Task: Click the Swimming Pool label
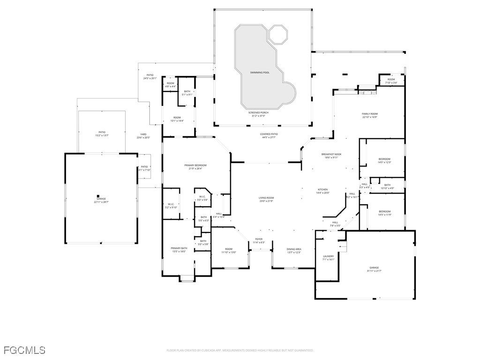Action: pyautogui.click(x=259, y=73)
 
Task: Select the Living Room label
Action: pyautogui.click(x=266, y=199)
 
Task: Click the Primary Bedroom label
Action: pyautogui.click(x=195, y=166)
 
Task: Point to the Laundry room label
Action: pyautogui.click(x=328, y=257)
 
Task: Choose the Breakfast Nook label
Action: pyautogui.click(x=331, y=156)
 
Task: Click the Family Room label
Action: pyautogui.click(x=369, y=115)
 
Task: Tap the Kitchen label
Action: pyautogui.click(x=323, y=191)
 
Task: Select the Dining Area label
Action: pyautogui.click(x=293, y=250)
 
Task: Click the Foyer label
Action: pyautogui.click(x=259, y=240)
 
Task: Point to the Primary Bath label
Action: pyautogui.click(x=179, y=249)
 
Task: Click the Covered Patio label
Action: pyautogui.click(x=269, y=135)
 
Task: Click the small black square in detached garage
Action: pyautogui.click(x=98, y=196)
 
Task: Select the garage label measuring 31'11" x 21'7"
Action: pyautogui.click(x=374, y=269)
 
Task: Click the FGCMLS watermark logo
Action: pyautogui.click(x=24, y=350)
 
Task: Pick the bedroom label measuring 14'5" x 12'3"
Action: pyautogui.click(x=384, y=161)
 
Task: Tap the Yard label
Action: pyautogui.click(x=143, y=136)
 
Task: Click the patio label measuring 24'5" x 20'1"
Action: pyautogui.click(x=150, y=76)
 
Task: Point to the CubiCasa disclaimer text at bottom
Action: pyautogui.click(x=240, y=350)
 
